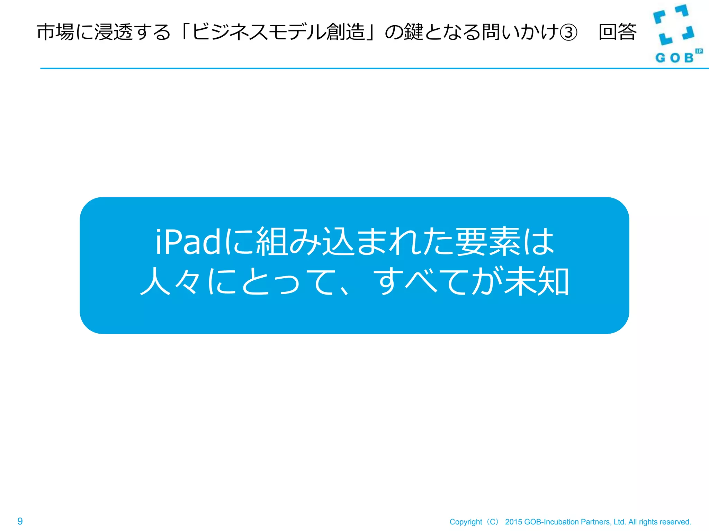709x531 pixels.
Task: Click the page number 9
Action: coord(20,521)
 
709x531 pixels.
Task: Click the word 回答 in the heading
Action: coord(618,32)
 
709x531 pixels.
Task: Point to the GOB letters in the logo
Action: coord(674,58)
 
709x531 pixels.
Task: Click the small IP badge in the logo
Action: coord(699,51)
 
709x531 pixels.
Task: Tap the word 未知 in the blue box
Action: coord(537,281)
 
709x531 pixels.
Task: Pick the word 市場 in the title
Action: coord(55,32)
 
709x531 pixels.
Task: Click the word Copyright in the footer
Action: coord(466,522)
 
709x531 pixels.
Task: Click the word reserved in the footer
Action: coord(676,522)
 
